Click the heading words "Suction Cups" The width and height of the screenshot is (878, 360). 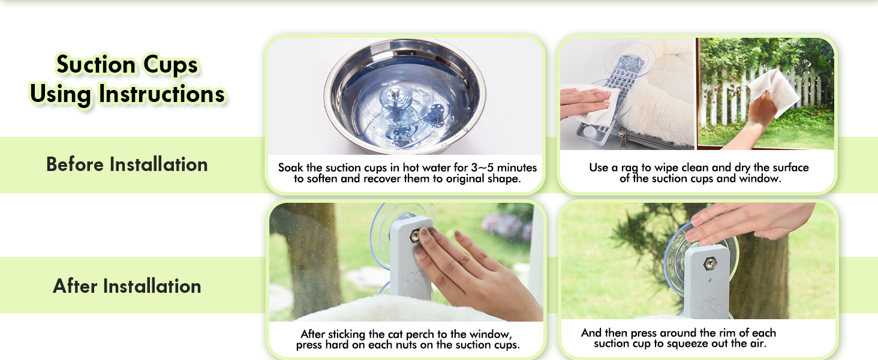click(127, 65)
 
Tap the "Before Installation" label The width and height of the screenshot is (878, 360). click(127, 164)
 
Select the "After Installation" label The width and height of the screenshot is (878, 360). click(127, 286)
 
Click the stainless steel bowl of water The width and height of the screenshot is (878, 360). click(405, 96)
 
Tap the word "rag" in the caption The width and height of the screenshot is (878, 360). click(630, 168)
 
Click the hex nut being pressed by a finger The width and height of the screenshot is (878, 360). click(414, 236)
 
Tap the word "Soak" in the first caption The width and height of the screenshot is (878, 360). click(290, 167)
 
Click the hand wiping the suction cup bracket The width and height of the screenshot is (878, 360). click(584, 102)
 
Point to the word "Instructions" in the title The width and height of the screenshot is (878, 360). click(162, 94)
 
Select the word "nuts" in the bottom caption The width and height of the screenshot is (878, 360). click(408, 345)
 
